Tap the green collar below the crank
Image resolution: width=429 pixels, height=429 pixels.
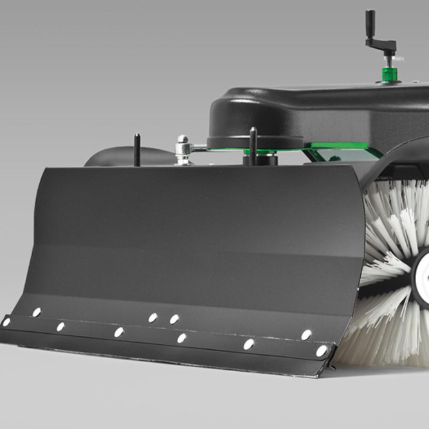point(388,73)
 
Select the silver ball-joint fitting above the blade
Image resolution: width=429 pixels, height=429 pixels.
point(183,149)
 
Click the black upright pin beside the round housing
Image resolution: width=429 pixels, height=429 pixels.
point(253,144)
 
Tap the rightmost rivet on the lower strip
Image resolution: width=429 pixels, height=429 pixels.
point(322,351)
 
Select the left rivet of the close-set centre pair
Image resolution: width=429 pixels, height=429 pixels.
point(153,317)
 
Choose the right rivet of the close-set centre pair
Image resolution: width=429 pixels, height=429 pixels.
point(174,319)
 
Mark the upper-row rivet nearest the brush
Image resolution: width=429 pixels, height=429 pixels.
point(307,334)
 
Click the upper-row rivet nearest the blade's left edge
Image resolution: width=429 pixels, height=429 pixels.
point(37,312)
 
